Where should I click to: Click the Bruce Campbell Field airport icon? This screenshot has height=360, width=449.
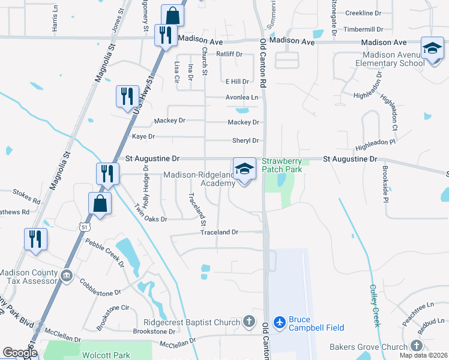279,322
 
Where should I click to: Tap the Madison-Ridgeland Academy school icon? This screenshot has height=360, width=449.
244,169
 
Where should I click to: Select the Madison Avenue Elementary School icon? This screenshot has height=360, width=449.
432,49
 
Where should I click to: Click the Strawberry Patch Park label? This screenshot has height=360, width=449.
282,165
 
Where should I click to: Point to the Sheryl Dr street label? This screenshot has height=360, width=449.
246,141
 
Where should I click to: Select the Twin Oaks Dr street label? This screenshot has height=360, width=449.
150,219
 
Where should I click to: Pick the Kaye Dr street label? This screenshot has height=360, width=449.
143,137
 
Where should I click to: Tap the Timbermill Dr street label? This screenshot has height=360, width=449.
363,29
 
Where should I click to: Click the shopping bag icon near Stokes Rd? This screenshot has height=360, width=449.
100,204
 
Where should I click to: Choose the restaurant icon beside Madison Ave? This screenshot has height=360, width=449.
163,35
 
